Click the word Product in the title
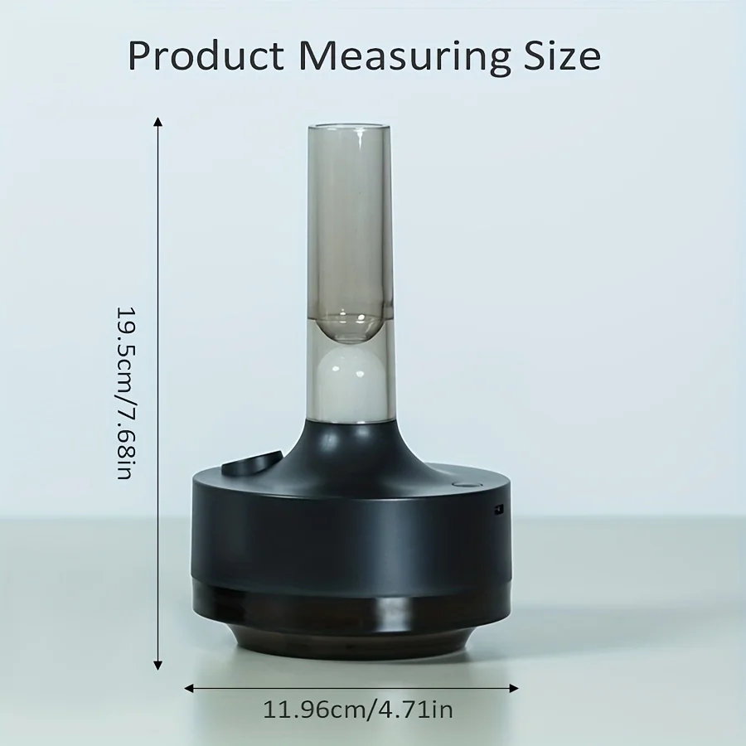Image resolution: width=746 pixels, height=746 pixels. click(x=206, y=56)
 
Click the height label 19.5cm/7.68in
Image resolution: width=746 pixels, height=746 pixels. click(x=126, y=393)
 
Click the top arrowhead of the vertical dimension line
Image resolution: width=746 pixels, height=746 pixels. click(x=158, y=123)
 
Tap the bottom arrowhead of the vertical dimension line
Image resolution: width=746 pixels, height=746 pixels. click(x=158, y=665)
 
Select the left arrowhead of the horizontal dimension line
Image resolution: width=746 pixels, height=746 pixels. click(x=189, y=688)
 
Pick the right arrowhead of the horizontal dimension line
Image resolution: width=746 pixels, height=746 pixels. click(x=513, y=688)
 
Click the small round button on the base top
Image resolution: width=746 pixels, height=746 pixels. click(x=462, y=484)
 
